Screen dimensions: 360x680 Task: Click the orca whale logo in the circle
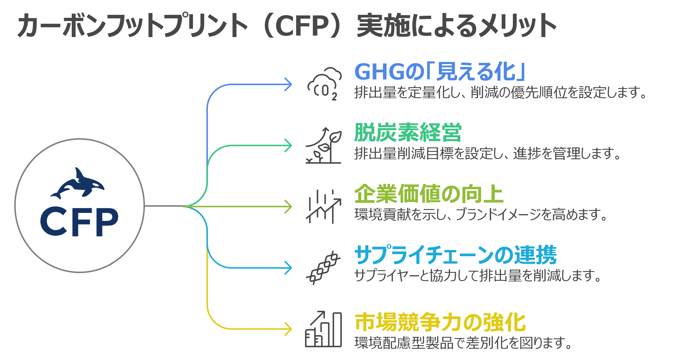point(78,184)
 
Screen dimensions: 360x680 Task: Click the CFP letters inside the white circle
point(79,222)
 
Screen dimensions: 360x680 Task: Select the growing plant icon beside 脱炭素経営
point(324,145)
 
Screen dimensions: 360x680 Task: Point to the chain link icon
point(323,268)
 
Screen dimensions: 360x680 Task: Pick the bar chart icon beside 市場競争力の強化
point(323,329)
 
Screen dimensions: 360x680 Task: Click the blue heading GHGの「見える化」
point(440,72)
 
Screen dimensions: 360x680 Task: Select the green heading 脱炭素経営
point(408,133)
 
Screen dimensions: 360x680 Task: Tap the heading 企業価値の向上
point(429,194)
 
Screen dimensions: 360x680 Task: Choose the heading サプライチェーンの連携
point(456,255)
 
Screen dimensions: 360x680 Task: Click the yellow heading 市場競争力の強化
point(440,322)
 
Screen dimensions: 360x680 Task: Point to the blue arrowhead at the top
point(288,85)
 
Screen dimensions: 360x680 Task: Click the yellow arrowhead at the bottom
point(288,329)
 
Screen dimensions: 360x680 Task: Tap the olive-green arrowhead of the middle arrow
point(288,207)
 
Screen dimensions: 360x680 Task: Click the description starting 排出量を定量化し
point(500,93)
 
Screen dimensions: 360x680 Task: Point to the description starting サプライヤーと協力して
point(477,276)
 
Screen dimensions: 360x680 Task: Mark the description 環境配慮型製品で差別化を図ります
point(463,343)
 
